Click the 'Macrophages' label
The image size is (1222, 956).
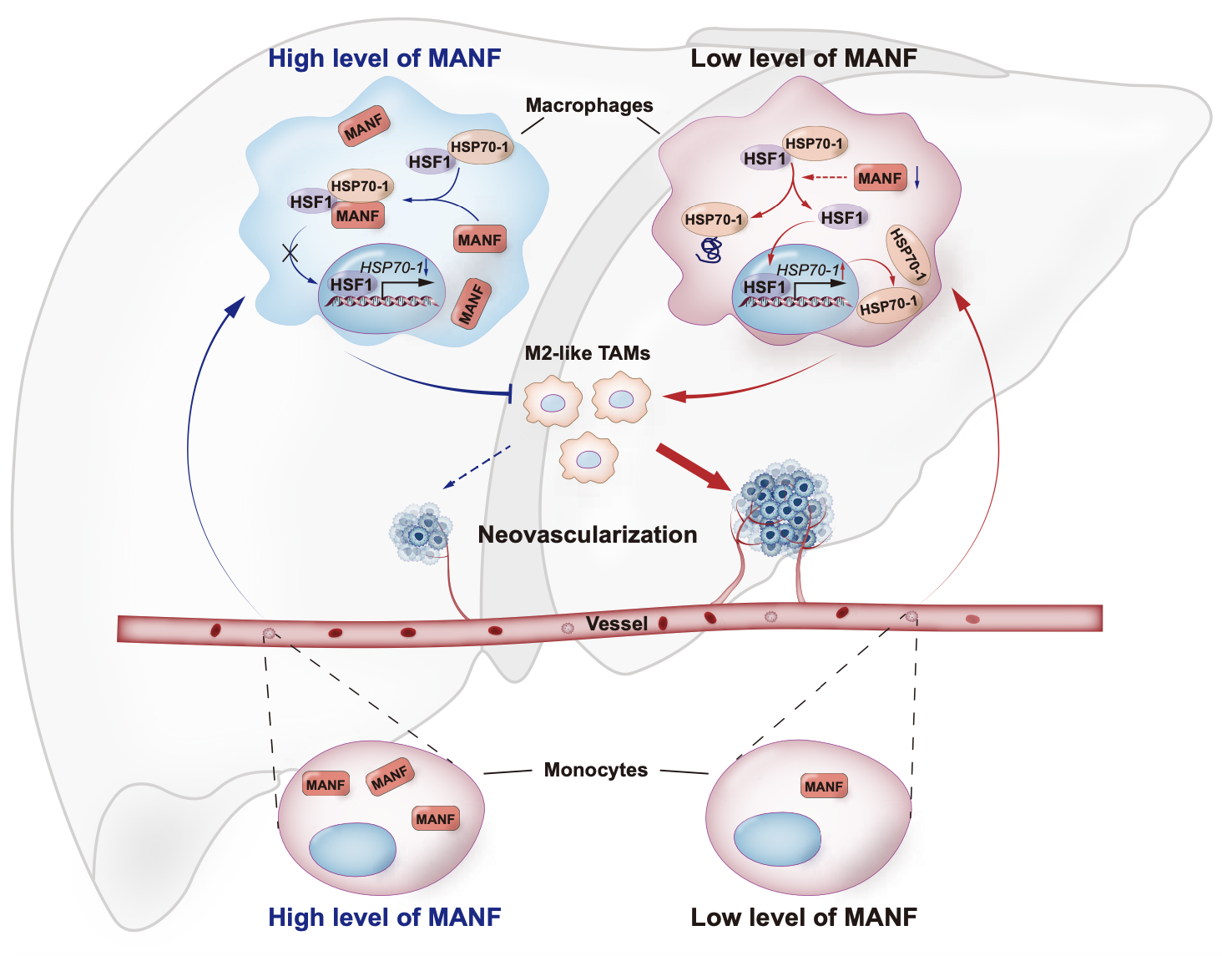pyautogui.click(x=588, y=105)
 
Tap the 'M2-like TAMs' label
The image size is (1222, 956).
pyautogui.click(x=587, y=353)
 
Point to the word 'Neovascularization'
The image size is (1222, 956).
pyautogui.click(x=587, y=534)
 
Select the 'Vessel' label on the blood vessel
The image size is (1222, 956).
pyautogui.click(x=616, y=624)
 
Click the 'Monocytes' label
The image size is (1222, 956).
pyautogui.click(x=595, y=770)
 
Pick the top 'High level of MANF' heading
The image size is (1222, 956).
pyautogui.click(x=384, y=58)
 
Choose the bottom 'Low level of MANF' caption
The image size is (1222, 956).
pyautogui.click(x=803, y=918)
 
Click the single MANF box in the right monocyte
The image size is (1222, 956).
pyautogui.click(x=824, y=787)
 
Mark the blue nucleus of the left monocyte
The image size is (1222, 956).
pyautogui.click(x=352, y=849)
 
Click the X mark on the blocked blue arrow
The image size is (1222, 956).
pyautogui.click(x=290, y=251)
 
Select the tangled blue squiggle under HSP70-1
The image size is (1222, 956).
pyautogui.click(x=711, y=250)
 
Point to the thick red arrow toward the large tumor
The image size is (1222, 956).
pyautogui.click(x=692, y=467)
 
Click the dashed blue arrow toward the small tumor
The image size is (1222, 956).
pyautogui.click(x=477, y=467)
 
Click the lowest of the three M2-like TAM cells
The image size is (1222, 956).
pyautogui.click(x=588, y=458)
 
